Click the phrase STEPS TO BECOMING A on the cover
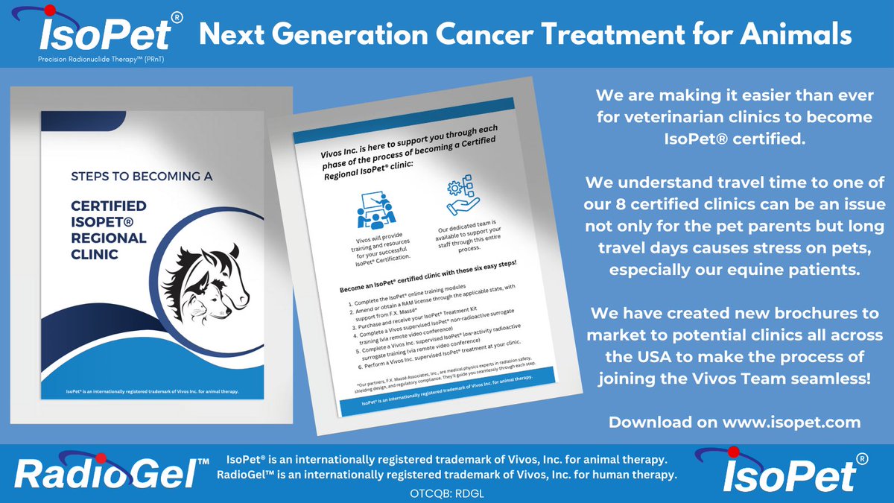(x=142, y=177)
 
